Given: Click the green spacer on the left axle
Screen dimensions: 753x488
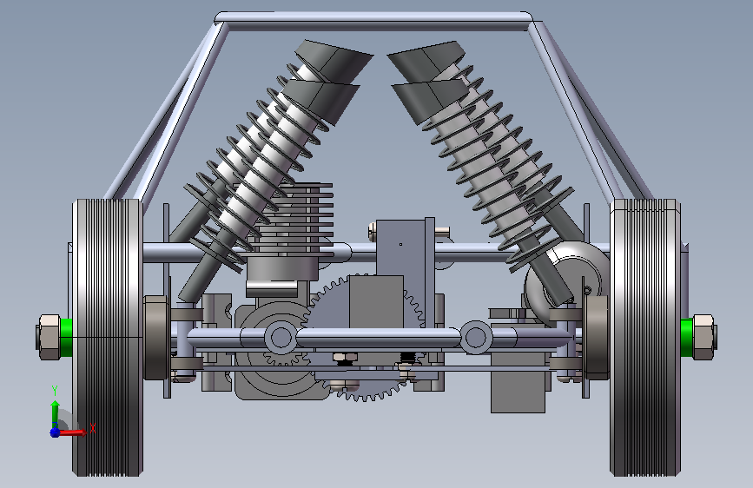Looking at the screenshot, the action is click(66, 337).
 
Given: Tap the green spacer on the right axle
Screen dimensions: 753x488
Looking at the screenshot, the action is click(687, 337).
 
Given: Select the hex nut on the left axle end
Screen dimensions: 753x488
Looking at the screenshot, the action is click(49, 337).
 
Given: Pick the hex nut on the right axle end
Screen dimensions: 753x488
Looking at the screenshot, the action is click(704, 337).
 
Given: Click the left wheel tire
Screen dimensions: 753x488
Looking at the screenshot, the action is click(107, 337).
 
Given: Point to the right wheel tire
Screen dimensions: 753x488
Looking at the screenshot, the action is click(645, 337).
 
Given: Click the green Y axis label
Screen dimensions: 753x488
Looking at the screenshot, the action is click(55, 391).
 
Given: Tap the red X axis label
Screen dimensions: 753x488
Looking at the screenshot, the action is click(93, 428).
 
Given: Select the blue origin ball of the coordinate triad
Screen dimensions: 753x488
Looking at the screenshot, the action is click(55, 432).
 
